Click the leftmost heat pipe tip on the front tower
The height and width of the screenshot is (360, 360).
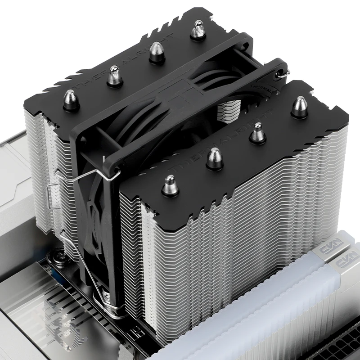[170, 185]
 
